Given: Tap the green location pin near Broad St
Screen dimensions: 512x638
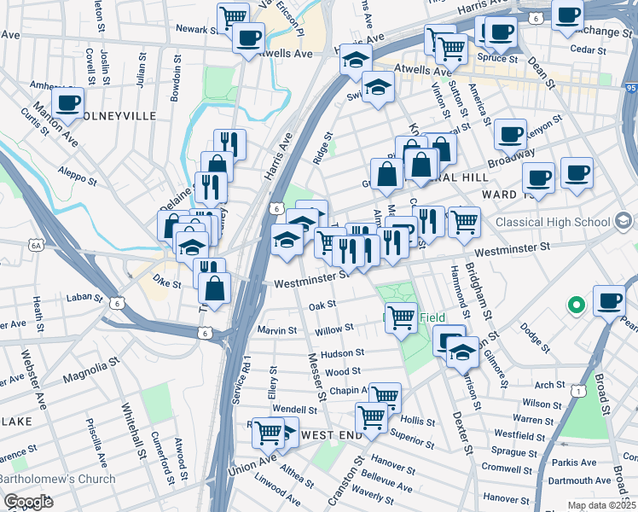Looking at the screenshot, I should pos(577,304).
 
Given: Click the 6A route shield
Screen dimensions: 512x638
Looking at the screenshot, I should pos(36,244).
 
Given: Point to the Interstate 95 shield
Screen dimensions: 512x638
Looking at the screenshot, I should pos(630,87).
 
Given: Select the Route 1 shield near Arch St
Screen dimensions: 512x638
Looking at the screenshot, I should pos(579,390).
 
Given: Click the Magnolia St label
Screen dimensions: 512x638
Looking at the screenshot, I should pos(89,369).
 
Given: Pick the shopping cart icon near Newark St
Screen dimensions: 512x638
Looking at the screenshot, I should pos(232,16).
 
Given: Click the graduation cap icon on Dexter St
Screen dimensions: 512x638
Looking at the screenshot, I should pos(461,352).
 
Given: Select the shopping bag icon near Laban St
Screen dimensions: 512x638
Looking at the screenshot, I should pos(216,288).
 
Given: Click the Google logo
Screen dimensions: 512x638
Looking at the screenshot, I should pos(29,502).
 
